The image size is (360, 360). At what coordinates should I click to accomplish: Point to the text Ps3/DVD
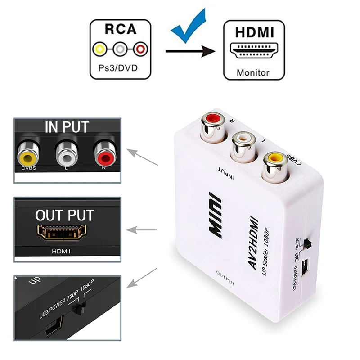(119, 71)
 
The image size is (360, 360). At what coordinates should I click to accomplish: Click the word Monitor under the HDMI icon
(253, 72)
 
